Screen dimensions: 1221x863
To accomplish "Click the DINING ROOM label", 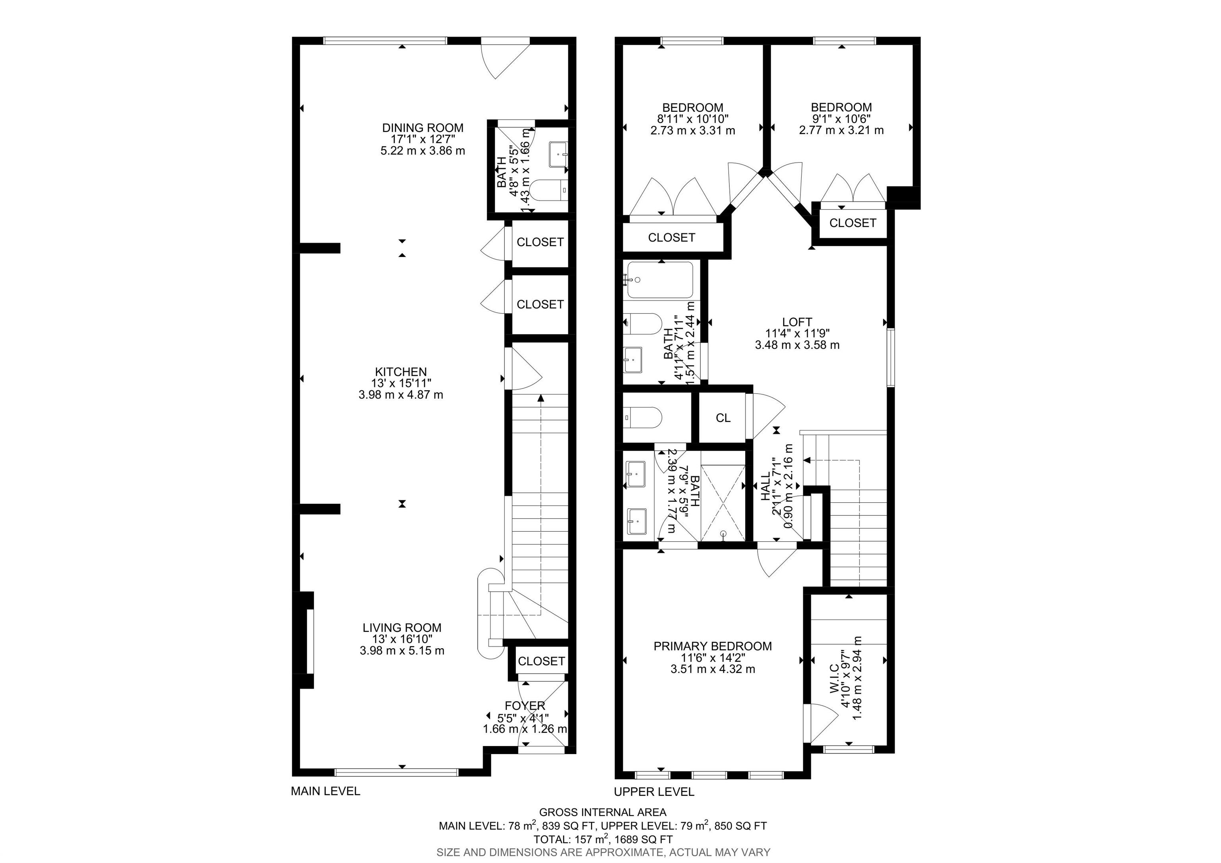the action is [423, 128].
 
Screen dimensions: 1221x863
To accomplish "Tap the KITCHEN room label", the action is [401, 372].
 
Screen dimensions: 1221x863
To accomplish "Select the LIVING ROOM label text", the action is [402, 628].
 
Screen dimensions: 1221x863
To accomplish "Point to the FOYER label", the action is [525, 706].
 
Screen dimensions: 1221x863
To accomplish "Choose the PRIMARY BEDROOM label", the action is [713, 646].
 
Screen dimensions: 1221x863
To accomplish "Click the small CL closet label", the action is [723, 418].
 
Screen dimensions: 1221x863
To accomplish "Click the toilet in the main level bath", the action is [549, 190].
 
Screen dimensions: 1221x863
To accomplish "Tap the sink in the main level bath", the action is [559, 154].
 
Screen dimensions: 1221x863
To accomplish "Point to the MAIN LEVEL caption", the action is [326, 791].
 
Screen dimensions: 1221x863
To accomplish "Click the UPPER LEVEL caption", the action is [654, 792].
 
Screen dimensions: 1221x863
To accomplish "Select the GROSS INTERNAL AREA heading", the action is [603, 812].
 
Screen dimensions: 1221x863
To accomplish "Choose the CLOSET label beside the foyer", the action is [541, 661].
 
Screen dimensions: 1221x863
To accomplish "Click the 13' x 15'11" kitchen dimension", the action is [401, 383].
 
